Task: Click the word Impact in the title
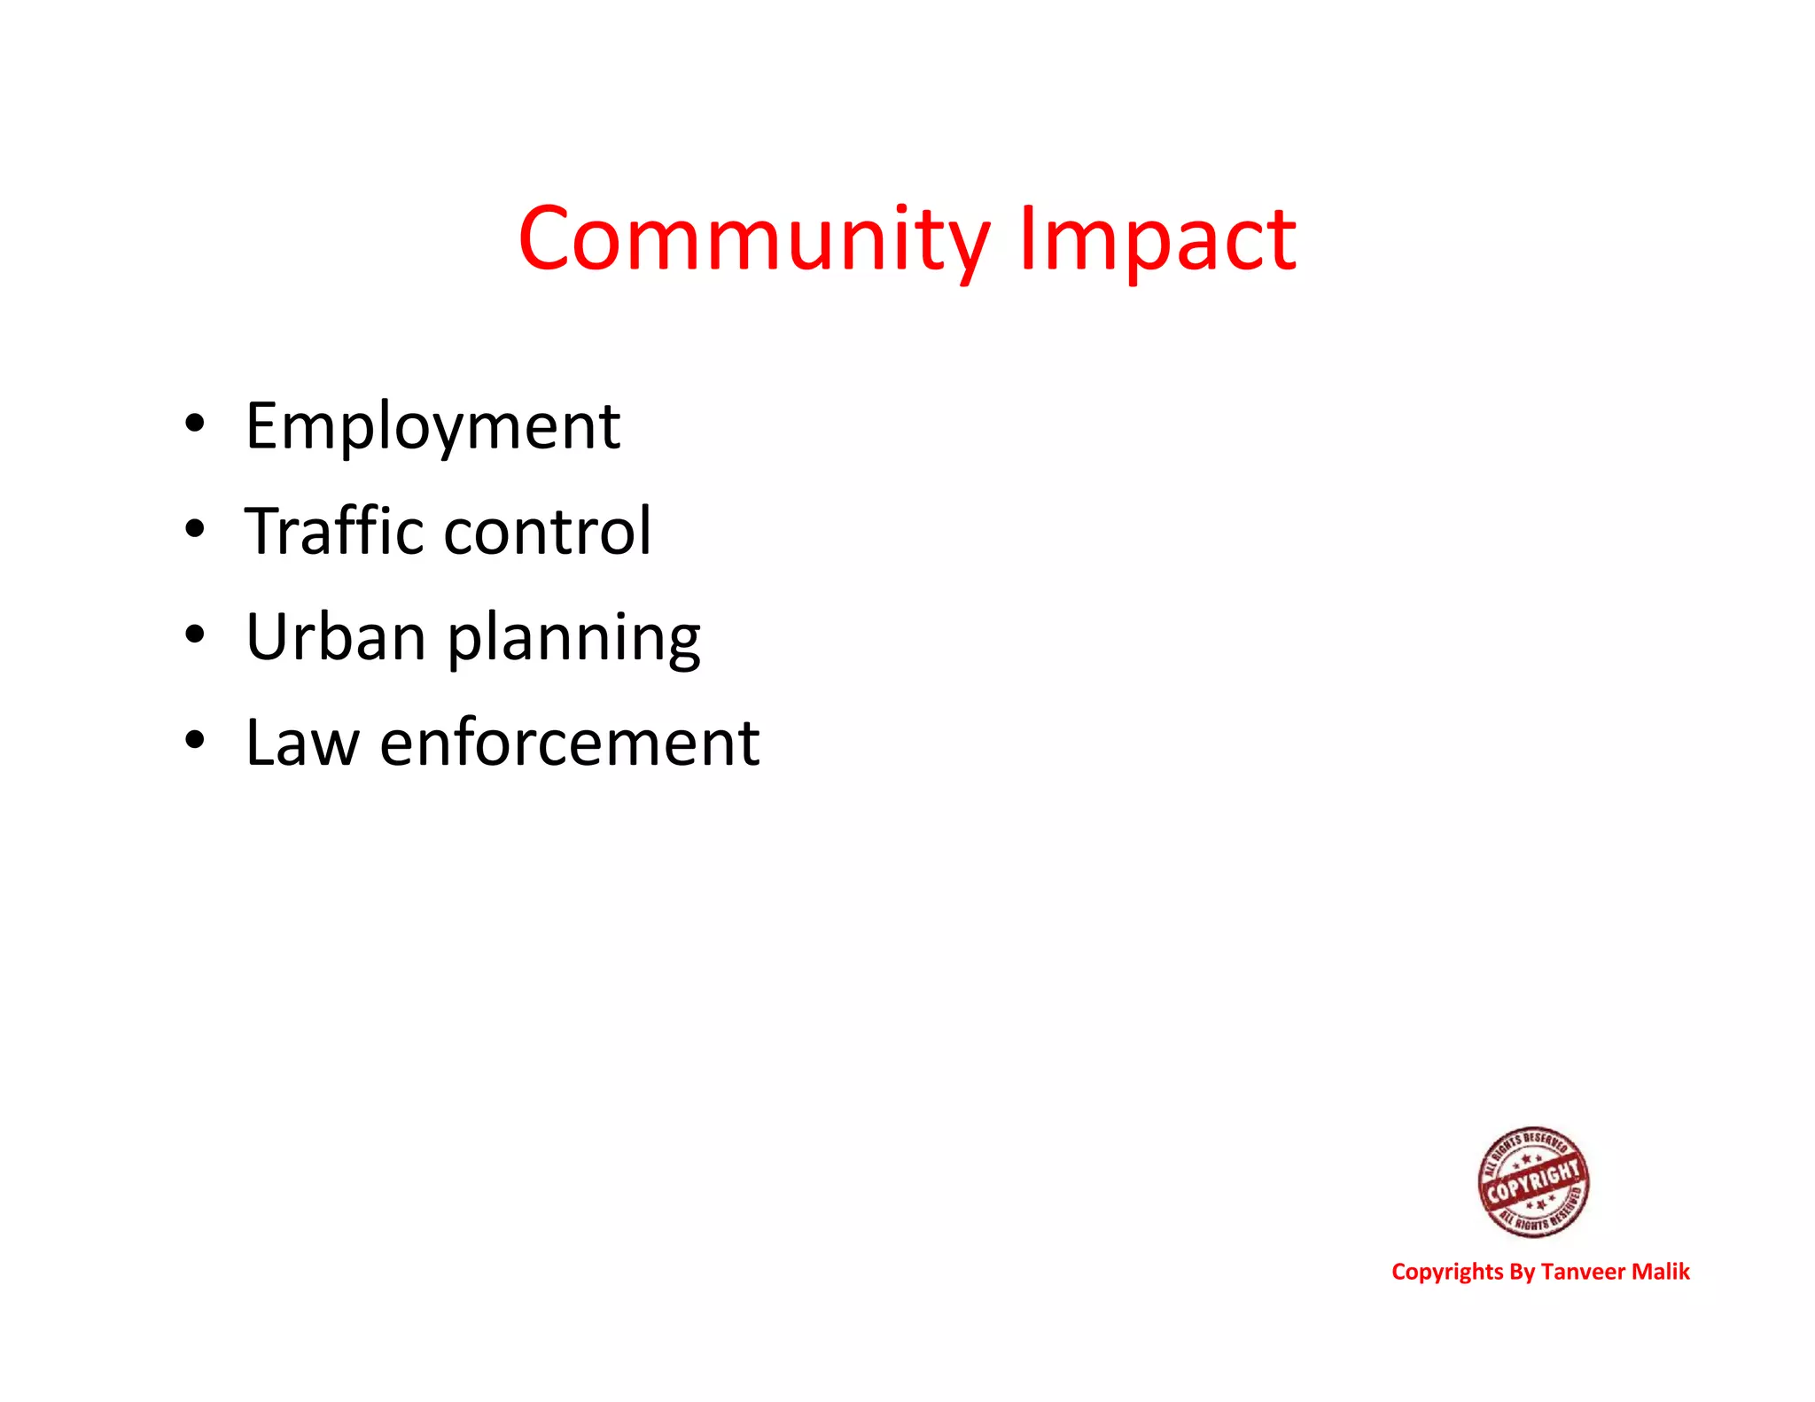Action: pos(1157,239)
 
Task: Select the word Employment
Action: pos(432,427)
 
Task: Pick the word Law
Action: pos(302,742)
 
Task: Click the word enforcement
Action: pos(569,742)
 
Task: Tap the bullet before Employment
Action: pos(195,423)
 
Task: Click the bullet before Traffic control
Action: pos(195,529)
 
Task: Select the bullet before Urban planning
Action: pos(195,634)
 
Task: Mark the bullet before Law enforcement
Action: pos(195,739)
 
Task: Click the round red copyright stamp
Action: pos(1533,1182)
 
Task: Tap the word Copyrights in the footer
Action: pos(1447,1273)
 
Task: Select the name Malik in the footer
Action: pos(1661,1272)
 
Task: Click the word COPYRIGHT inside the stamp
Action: pos(1533,1182)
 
